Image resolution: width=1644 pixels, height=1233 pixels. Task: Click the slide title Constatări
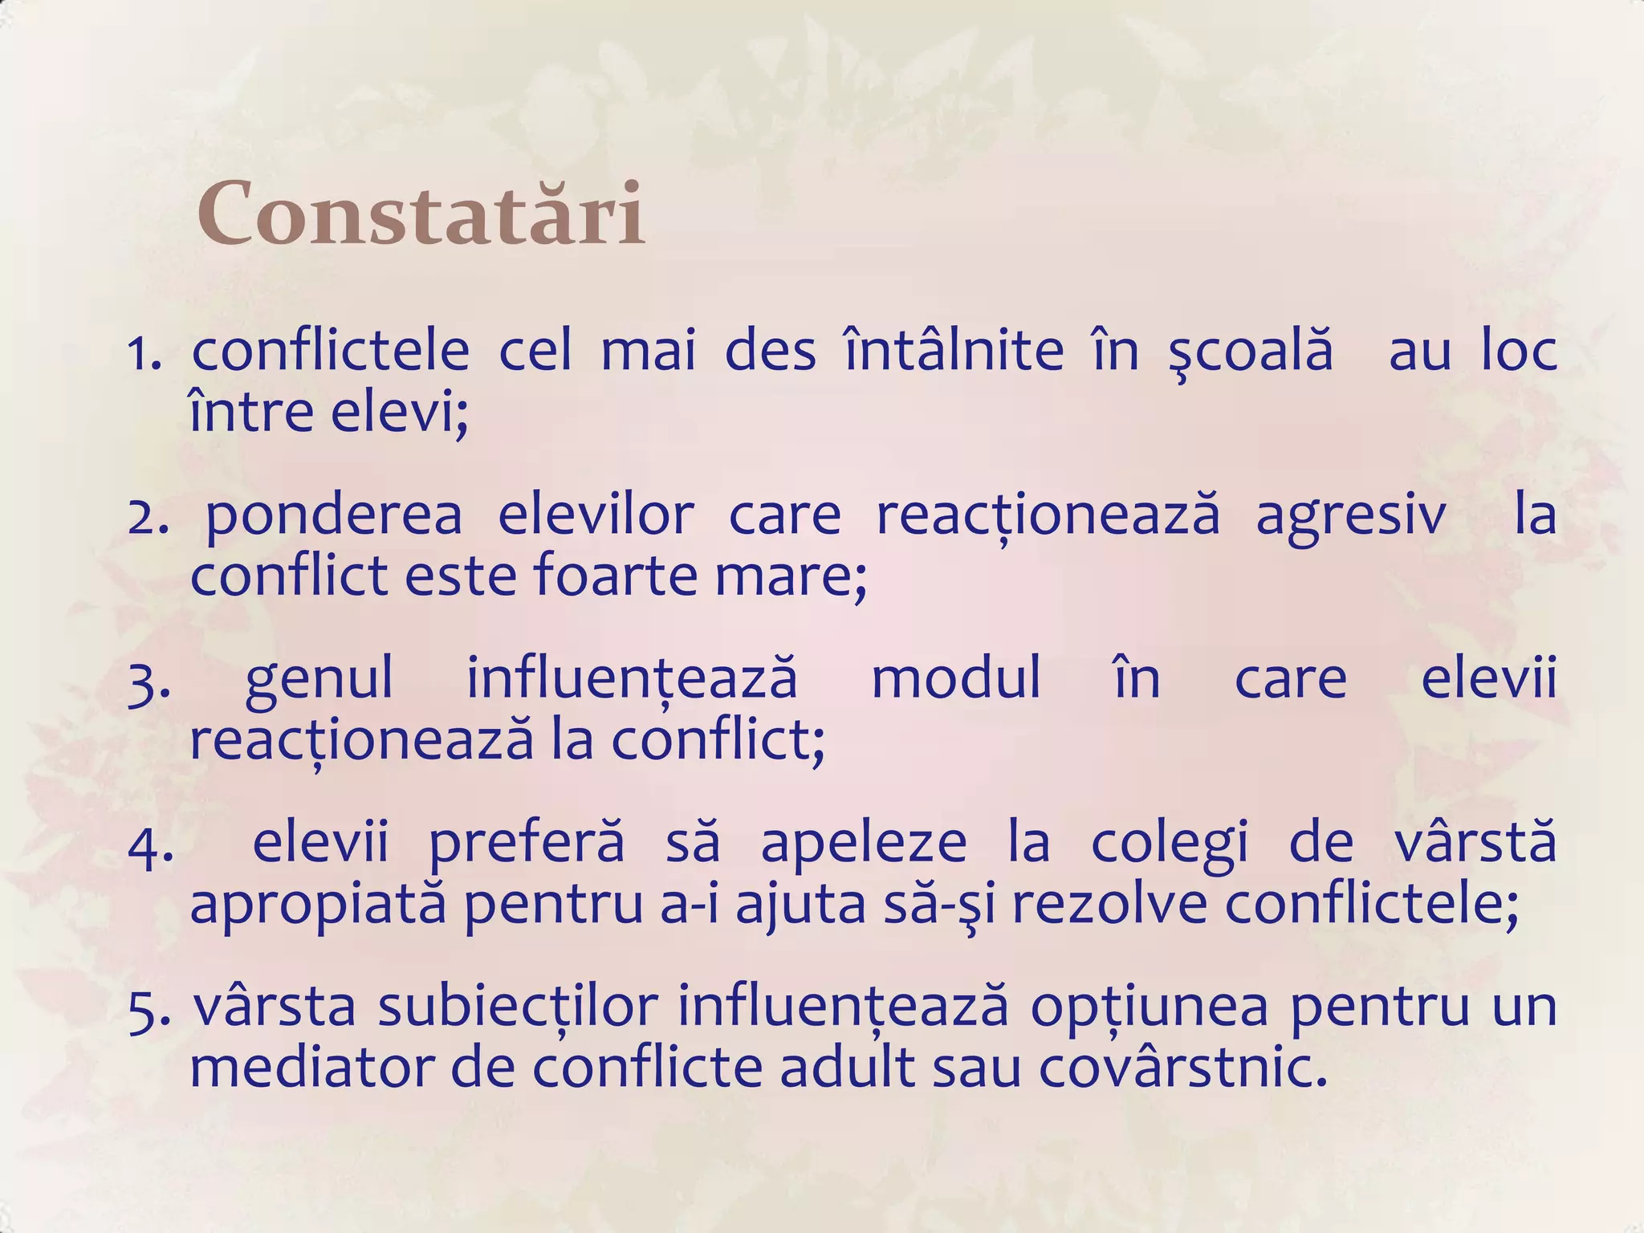pyautogui.click(x=421, y=215)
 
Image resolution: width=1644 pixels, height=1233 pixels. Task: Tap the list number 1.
pyautogui.click(x=144, y=353)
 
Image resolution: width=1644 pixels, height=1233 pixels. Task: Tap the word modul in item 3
pyautogui.click(x=956, y=678)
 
